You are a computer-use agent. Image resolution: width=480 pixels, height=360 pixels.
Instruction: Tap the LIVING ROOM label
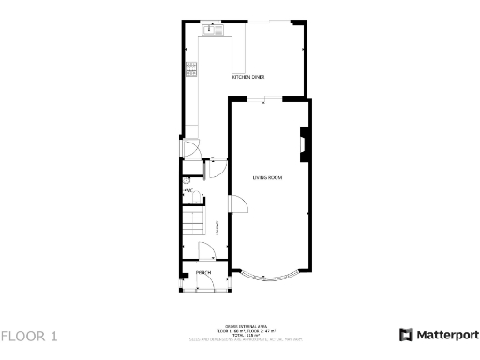coord(267,177)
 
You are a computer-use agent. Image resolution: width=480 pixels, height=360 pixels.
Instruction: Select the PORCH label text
coord(203,272)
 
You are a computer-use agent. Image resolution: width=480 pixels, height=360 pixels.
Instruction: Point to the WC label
coord(187,191)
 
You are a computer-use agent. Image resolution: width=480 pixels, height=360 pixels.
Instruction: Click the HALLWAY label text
coord(217,225)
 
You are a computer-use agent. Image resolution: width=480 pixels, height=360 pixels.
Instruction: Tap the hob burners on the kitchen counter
coord(190,67)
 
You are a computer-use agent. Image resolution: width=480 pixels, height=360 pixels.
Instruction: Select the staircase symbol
coord(192,223)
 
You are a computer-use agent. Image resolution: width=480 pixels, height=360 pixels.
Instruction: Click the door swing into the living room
coord(236,202)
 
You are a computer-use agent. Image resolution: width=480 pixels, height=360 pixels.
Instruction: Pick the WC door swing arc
coord(200,194)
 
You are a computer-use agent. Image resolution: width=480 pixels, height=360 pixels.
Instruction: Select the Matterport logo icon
coord(406,335)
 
